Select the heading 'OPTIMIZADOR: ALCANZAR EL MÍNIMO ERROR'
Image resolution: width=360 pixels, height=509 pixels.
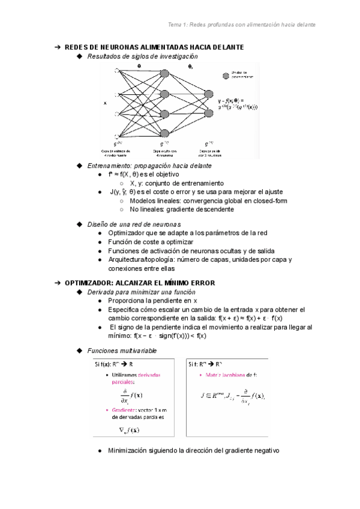[139, 283]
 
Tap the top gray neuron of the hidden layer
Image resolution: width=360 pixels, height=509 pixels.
[164, 73]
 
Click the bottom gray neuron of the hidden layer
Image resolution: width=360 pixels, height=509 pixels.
[164, 133]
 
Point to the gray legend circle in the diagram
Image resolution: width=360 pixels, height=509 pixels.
[226, 76]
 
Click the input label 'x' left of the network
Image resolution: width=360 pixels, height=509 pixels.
[106, 103]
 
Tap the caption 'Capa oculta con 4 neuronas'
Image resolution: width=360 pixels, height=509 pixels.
[164, 152]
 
